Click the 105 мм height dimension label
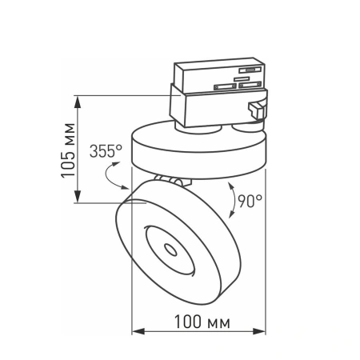[x=67, y=150]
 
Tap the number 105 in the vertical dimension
[x=67, y=160]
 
